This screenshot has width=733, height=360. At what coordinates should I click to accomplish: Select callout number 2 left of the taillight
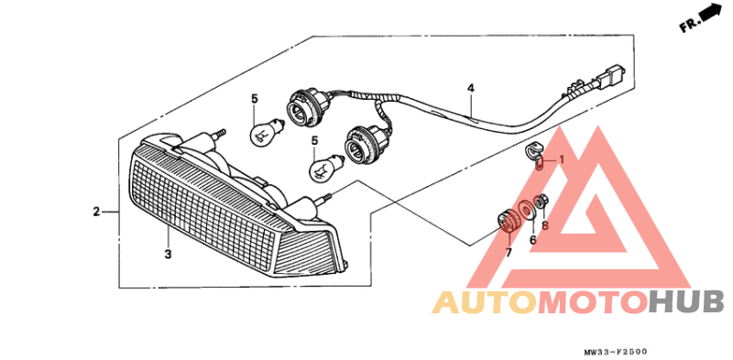[96, 213]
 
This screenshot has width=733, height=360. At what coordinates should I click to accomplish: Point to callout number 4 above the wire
[470, 89]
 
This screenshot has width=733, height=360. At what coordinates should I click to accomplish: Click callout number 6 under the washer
[532, 240]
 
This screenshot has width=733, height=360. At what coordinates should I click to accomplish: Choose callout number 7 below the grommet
[509, 252]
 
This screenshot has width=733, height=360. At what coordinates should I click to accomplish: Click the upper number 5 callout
[256, 98]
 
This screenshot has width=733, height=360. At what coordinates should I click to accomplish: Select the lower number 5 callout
[313, 141]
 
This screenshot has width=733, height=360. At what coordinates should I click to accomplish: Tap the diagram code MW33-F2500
[619, 351]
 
